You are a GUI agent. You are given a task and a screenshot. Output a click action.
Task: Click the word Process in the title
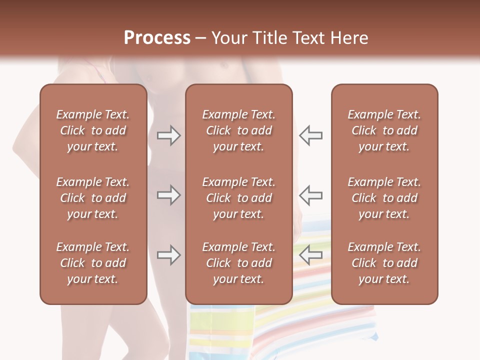157,38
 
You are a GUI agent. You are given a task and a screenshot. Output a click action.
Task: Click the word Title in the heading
270,38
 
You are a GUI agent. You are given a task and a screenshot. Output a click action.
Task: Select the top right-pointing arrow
168,135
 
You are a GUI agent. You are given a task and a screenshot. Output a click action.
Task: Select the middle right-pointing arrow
168,195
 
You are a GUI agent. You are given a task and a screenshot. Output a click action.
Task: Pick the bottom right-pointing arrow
168,255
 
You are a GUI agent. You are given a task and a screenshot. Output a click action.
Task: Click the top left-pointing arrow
310,135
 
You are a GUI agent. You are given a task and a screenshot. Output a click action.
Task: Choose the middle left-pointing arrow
310,195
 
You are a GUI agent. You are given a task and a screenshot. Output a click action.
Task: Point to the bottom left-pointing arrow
310,255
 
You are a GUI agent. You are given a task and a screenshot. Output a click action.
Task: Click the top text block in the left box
93,130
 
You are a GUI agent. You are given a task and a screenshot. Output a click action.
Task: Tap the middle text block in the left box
93,198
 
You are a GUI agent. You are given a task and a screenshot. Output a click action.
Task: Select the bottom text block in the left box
93,263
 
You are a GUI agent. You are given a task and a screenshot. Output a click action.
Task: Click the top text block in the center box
239,130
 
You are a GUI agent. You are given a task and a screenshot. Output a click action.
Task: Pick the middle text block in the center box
239,198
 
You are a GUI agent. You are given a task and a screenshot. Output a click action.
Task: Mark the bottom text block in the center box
239,263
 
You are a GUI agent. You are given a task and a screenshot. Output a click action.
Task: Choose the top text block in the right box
384,130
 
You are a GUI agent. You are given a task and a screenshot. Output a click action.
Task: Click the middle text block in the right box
384,198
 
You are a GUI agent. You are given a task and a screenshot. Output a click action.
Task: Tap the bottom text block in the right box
384,263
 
